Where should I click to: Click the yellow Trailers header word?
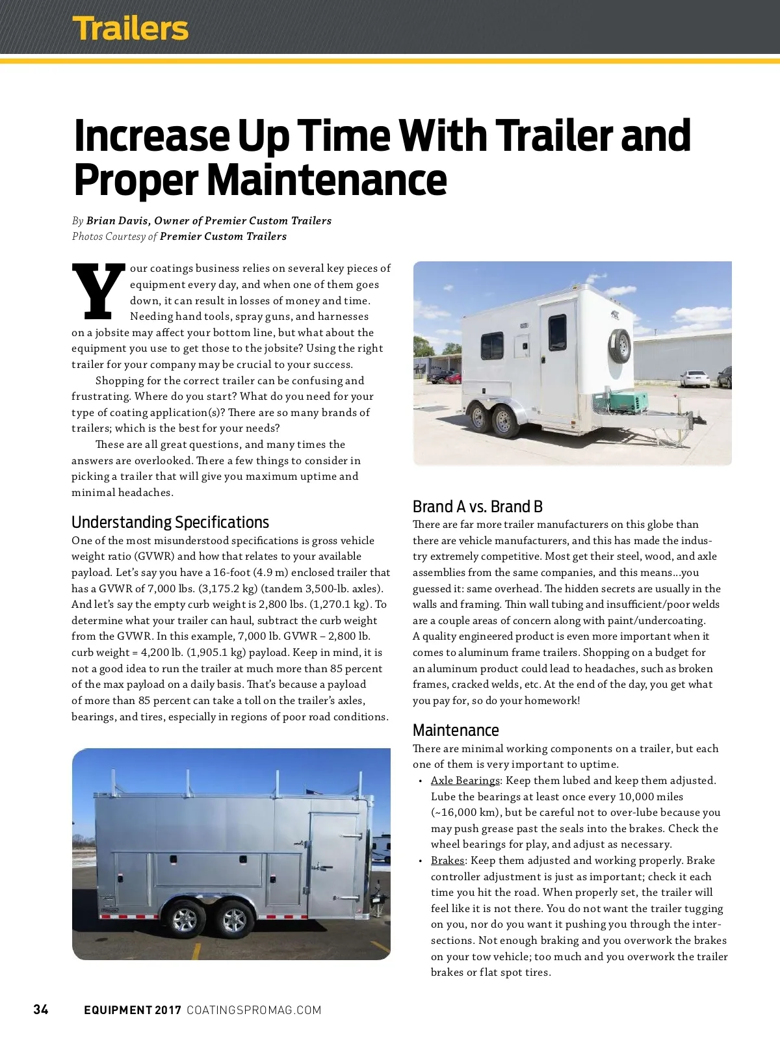pos(130,29)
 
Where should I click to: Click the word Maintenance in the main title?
pos(326,180)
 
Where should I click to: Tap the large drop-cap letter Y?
pos(98,292)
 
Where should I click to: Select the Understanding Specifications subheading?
pos(170,522)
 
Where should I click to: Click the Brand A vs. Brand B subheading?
pos(477,506)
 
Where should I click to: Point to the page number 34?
pos(41,1009)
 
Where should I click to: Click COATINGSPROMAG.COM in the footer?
pos(253,1010)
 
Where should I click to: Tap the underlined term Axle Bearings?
pos(465,780)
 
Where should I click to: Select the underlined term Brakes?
pos(447,860)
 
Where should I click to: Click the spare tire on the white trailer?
pos(620,346)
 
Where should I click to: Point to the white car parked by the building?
pos(694,378)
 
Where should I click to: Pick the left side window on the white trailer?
pos(492,346)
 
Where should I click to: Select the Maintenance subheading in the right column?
pos(456,730)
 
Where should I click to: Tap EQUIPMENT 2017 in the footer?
pos(132,1010)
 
